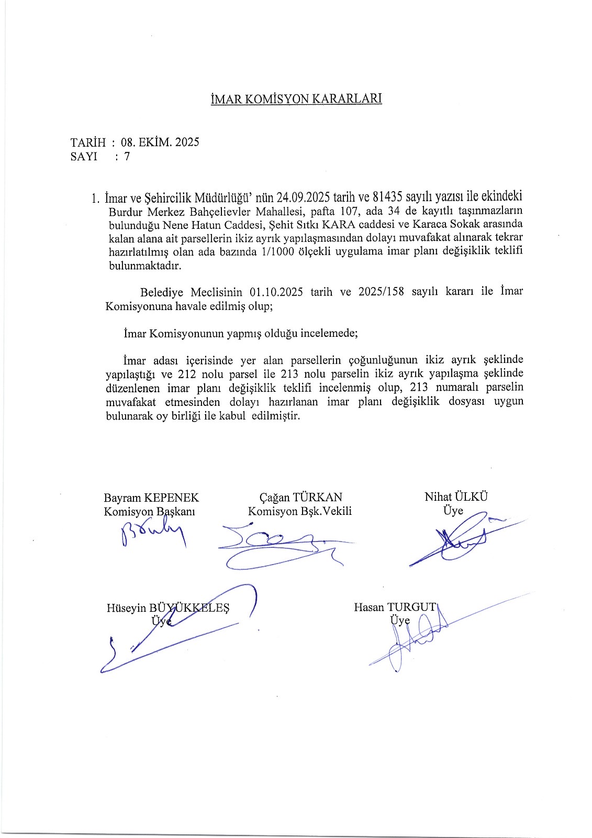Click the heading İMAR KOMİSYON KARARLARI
(296, 99)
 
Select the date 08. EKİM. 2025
(160, 142)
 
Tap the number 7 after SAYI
(127, 156)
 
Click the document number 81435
(387, 197)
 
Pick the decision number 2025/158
(381, 292)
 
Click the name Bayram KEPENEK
(151, 498)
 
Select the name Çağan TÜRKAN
(300, 497)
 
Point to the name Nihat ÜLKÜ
(455, 497)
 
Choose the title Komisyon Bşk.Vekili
(300, 511)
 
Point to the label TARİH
(88, 142)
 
